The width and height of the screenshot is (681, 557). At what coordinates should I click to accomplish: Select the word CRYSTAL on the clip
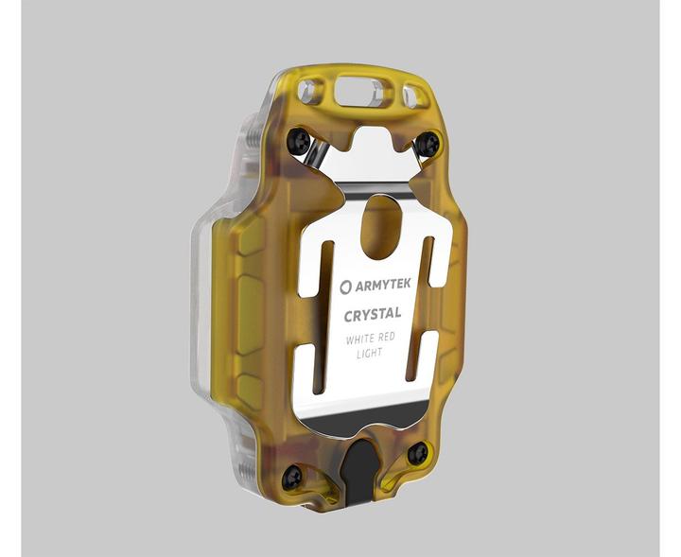(373, 313)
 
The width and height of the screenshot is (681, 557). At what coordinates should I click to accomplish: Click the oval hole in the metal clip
(381, 225)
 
